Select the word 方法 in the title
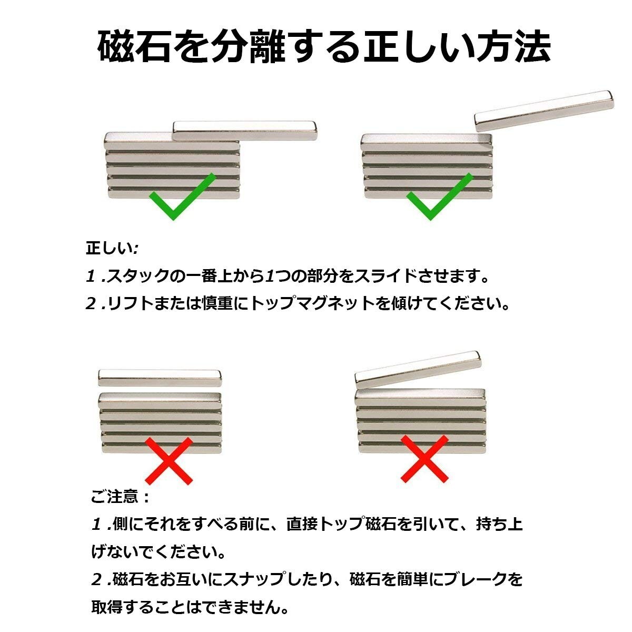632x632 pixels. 513,47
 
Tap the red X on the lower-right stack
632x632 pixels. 424,458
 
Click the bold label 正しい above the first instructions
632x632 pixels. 110,248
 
